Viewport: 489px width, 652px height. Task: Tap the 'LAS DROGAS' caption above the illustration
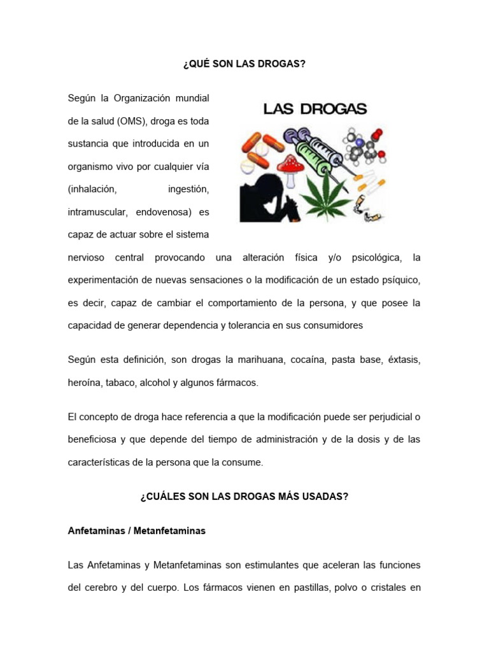315,110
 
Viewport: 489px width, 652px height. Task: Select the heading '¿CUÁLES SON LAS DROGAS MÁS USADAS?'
244,497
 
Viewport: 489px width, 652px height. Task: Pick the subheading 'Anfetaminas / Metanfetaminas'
136,530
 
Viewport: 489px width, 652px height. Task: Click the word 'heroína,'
84,383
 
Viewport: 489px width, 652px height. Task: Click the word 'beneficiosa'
92,439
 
